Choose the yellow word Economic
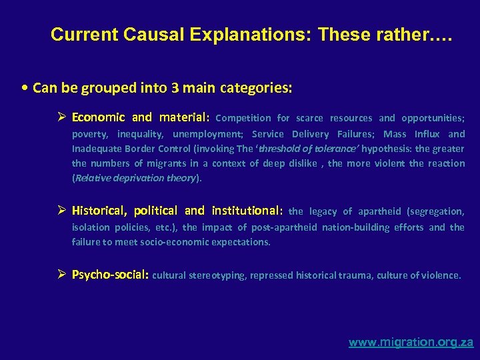pyautogui.click(x=98, y=117)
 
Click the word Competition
pyautogui.click(x=243, y=118)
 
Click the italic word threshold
pyautogui.click(x=261, y=149)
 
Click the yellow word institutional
pyautogui.click(x=247, y=211)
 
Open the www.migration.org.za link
pyautogui.click(x=411, y=342)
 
